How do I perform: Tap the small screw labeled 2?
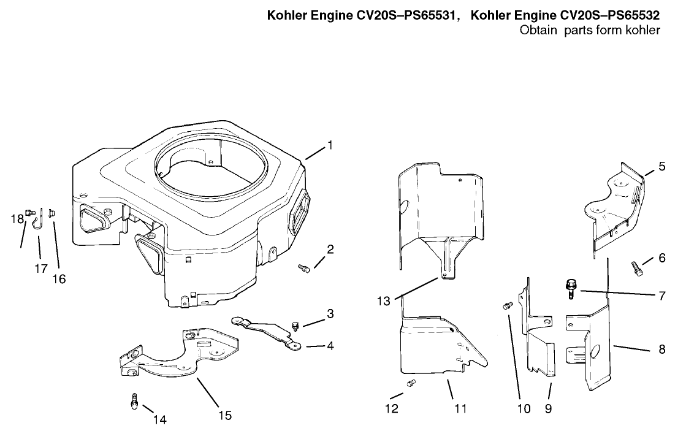(303, 267)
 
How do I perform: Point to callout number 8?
(661, 350)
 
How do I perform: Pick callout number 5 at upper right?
(661, 166)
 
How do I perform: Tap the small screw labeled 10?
(507, 305)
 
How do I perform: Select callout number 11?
(460, 408)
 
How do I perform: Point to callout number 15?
(225, 415)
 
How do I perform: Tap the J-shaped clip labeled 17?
(37, 219)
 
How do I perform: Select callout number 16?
(58, 278)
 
